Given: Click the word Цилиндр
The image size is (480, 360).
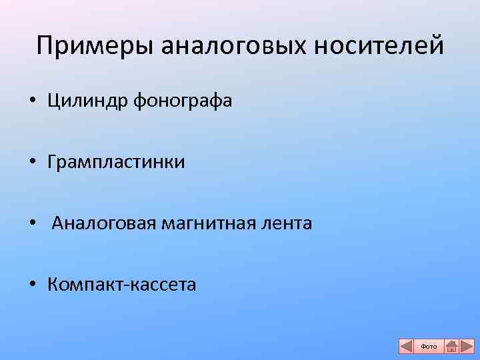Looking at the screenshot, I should [x=88, y=101].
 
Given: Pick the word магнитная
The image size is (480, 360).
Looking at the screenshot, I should [x=210, y=223].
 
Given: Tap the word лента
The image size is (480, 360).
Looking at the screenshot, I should [x=287, y=223].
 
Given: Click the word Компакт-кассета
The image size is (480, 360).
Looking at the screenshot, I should [x=122, y=285].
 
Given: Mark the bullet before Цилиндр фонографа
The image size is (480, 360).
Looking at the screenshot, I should [x=32, y=102].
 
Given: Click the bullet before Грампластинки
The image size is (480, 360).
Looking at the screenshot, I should [x=32, y=163].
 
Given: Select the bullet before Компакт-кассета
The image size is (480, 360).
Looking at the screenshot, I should [x=32, y=285].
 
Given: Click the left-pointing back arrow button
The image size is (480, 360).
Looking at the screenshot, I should [x=406, y=346].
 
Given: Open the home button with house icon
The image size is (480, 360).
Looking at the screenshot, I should [x=451, y=346].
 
